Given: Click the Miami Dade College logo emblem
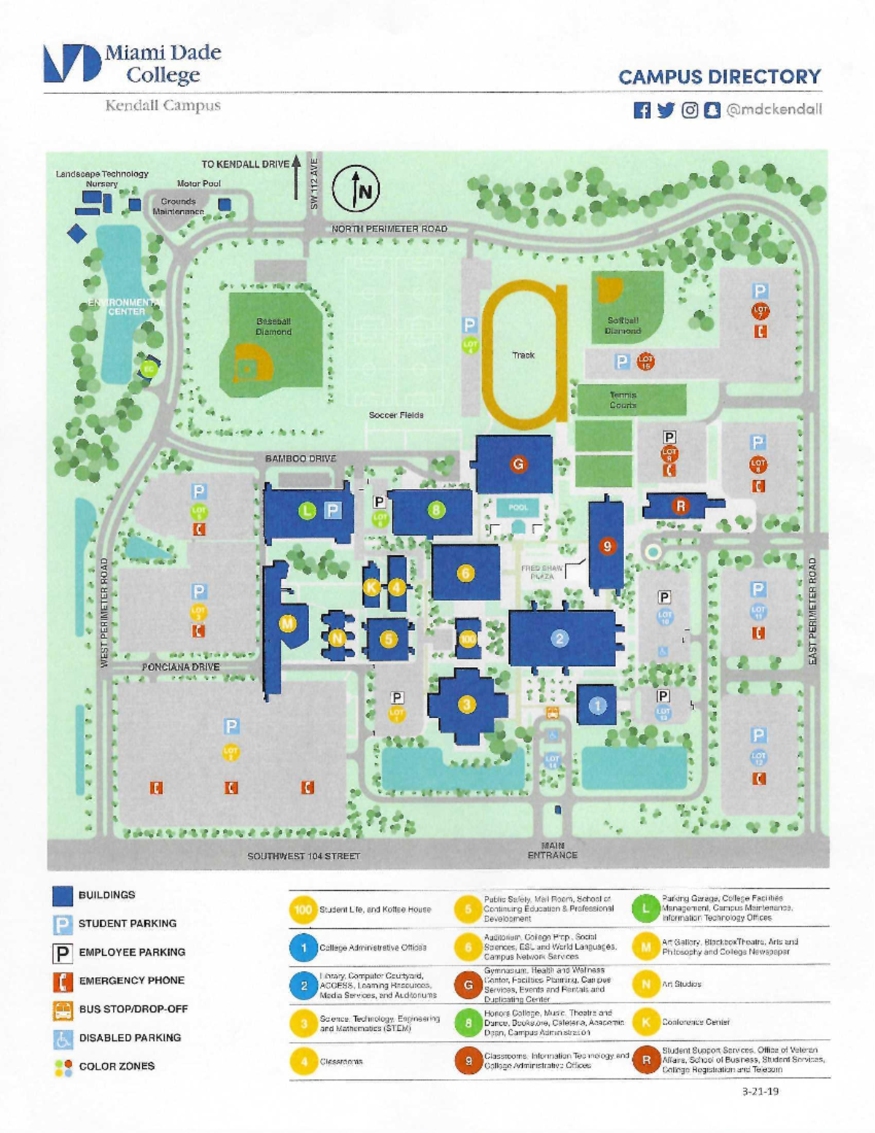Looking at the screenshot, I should pyautogui.click(x=71, y=63).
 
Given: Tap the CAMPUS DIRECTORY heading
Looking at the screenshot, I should pyautogui.click(x=719, y=77).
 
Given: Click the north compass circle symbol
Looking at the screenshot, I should pyautogui.click(x=356, y=189).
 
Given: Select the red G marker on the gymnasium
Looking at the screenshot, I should pyautogui.click(x=518, y=464).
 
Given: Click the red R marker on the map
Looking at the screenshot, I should pyautogui.click(x=680, y=506).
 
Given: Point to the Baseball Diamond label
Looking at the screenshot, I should pyautogui.click(x=273, y=326).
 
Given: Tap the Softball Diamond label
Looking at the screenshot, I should pyautogui.click(x=623, y=325).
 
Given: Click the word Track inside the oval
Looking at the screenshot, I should pyautogui.click(x=523, y=355).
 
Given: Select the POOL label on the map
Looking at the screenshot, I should pyautogui.click(x=518, y=507).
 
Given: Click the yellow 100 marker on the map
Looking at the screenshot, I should pyautogui.click(x=467, y=639).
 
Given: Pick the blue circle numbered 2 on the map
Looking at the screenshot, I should pyautogui.click(x=559, y=639).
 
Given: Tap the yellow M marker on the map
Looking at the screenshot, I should pyautogui.click(x=288, y=623).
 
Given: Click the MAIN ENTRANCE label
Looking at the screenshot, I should pyautogui.click(x=552, y=851).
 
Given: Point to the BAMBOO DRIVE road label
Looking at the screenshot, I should pyautogui.click(x=300, y=459).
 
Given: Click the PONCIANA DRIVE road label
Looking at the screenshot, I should pyautogui.click(x=180, y=667).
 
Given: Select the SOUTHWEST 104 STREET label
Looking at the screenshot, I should pyautogui.click(x=303, y=856).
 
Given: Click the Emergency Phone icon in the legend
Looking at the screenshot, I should pyautogui.click(x=63, y=981).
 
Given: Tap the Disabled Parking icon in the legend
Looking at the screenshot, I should pyautogui.click(x=63, y=1038).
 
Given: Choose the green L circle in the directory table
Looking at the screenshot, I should pyautogui.click(x=645, y=908).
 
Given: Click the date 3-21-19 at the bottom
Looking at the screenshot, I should pyautogui.click(x=760, y=1091).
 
